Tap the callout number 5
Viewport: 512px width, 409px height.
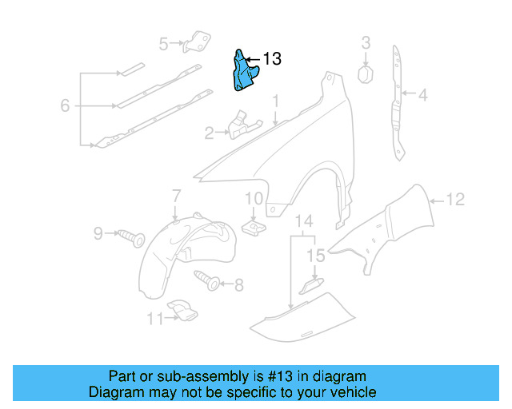tap(164, 44)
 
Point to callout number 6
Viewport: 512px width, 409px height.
tap(65, 105)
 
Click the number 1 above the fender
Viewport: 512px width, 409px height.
tap(275, 102)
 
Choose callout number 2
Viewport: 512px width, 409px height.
tap(209, 133)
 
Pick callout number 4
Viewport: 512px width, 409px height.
tap(422, 95)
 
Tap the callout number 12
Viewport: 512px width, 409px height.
tap(454, 201)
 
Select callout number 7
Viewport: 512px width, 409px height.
tap(176, 195)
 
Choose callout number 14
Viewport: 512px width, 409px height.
tap(304, 220)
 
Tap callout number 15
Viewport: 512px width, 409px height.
tap(316, 256)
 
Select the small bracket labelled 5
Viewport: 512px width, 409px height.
tap(197, 42)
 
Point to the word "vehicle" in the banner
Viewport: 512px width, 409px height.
tap(352, 392)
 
